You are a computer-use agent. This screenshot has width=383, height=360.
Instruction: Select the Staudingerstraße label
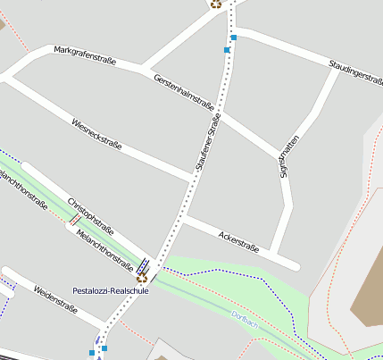coord(355,71)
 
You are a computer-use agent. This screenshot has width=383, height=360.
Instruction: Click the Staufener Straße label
coord(207,142)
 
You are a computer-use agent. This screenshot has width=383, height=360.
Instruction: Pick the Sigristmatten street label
coord(288,155)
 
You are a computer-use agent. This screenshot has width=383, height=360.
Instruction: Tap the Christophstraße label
coord(90,214)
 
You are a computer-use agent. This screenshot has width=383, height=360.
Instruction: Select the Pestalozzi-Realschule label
coord(111,290)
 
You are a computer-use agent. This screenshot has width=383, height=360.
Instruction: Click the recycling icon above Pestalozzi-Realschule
coord(141,278)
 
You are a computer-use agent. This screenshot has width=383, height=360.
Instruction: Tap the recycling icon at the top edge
coord(215,4)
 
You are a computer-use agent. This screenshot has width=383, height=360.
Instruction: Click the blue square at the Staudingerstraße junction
coord(234,38)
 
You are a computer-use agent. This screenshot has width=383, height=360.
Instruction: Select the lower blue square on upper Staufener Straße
coord(227,51)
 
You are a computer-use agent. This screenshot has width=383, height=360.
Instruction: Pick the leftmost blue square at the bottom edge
coord(91,353)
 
